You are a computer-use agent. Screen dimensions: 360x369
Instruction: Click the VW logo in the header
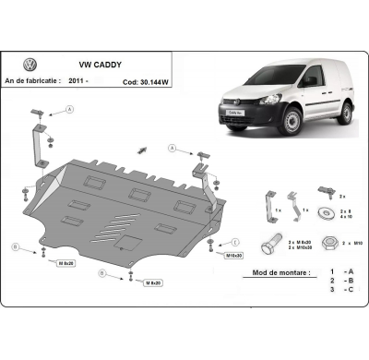(29, 65)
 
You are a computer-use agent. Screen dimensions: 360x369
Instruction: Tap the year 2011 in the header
(78, 81)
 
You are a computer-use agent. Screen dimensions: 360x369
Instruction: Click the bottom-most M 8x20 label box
(147, 283)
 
